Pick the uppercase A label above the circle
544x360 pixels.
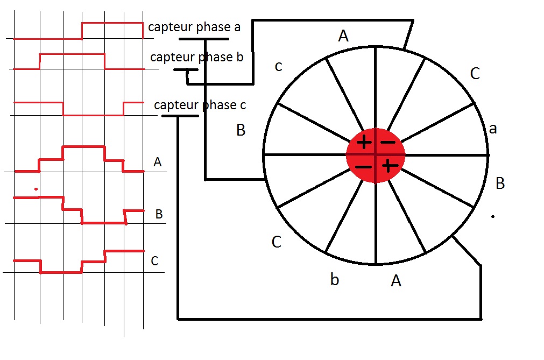pyautogui.click(x=343, y=36)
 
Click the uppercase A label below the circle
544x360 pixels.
pyautogui.click(x=396, y=280)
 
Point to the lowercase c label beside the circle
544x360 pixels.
pyautogui.click(x=278, y=67)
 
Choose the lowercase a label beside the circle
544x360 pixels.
pyautogui.click(x=492, y=129)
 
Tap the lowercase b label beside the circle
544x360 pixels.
pyautogui.click(x=335, y=280)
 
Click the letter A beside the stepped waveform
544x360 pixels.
pyautogui.click(x=157, y=162)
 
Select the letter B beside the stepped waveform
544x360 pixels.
pyautogui.click(x=159, y=214)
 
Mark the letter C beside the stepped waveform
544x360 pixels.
pyautogui.click(x=154, y=262)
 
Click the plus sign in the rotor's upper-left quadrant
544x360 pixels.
pyautogui.click(x=364, y=143)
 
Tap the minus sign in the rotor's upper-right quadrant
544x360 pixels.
pyautogui.click(x=387, y=143)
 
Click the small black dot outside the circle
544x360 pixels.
pyautogui.click(x=493, y=216)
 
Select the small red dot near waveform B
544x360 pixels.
pyautogui.click(x=36, y=189)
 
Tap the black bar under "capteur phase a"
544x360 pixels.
pyautogui.click(x=199, y=39)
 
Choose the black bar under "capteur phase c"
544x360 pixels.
pyautogui.click(x=180, y=116)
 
